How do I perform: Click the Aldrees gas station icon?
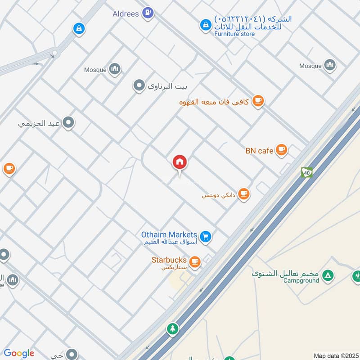pyautogui.click(x=147, y=13)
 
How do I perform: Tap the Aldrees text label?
pyautogui.click(x=126, y=14)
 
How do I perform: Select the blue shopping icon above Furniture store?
pyautogui.click(x=205, y=25)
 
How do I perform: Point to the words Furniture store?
pyautogui.click(x=234, y=34)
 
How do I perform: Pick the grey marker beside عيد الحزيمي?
pyautogui.click(x=68, y=122)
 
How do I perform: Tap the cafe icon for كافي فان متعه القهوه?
pyautogui.click(x=258, y=101)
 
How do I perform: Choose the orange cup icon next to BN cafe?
pyautogui.click(x=282, y=150)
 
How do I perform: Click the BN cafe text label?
pyautogui.click(x=260, y=151)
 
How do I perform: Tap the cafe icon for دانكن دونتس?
pyautogui.click(x=244, y=194)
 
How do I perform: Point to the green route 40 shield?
pyautogui.click(x=307, y=172)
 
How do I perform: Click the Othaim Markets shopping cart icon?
pyautogui.click(x=206, y=236)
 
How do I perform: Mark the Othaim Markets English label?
pyautogui.click(x=169, y=234)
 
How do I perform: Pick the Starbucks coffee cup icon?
pyautogui.click(x=195, y=261)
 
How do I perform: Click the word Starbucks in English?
pyautogui.click(x=169, y=260)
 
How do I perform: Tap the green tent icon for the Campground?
pyautogui.click(x=329, y=274)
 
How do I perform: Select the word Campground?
pyautogui.click(x=301, y=280)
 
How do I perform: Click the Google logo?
pyautogui.click(x=19, y=353)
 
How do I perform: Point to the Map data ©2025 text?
pyautogui.click(x=335, y=355)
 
